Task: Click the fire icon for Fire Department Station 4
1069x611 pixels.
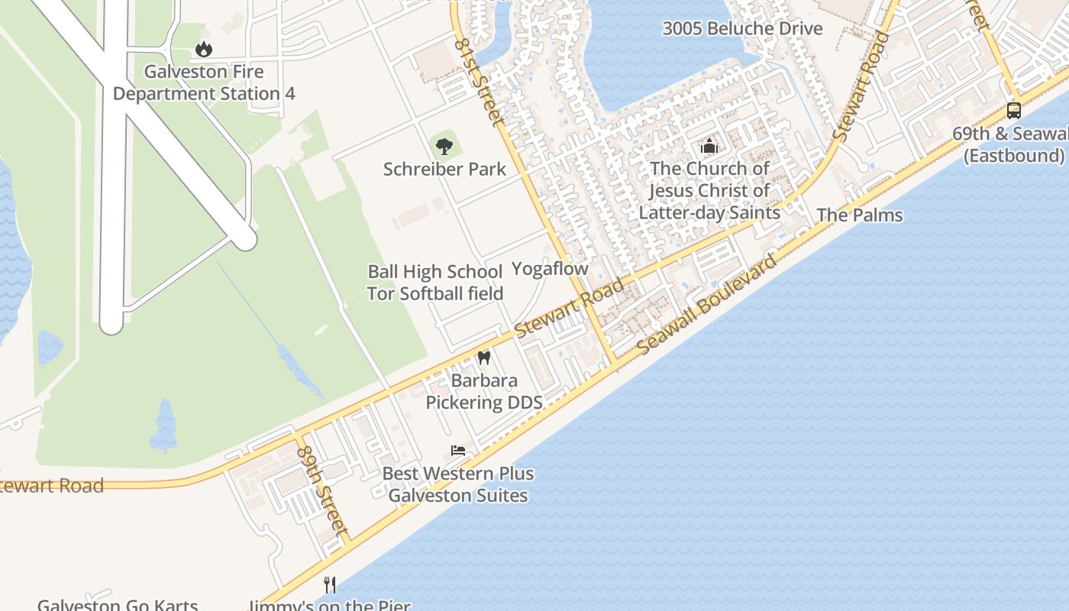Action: click(x=203, y=50)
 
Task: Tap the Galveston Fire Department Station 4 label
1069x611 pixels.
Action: click(x=204, y=83)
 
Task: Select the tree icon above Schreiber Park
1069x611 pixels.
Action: click(x=444, y=145)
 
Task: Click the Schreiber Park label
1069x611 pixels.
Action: click(x=444, y=169)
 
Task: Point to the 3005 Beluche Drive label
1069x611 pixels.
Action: click(x=742, y=29)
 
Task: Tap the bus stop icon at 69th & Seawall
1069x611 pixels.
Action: click(x=1013, y=110)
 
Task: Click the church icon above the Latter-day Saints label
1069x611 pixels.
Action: click(x=709, y=146)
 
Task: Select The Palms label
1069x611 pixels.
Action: click(x=859, y=215)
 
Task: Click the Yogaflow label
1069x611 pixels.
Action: click(x=550, y=269)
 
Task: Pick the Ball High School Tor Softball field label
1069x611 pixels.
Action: click(x=435, y=283)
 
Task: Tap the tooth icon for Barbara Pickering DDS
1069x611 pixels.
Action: click(x=483, y=357)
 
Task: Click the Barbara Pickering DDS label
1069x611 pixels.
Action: click(x=483, y=391)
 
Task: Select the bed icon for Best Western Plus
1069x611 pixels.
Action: click(x=458, y=450)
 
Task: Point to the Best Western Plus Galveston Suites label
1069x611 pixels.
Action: click(x=458, y=484)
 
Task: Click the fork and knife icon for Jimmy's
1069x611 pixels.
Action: click(x=330, y=585)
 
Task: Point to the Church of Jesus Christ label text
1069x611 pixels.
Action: click(x=709, y=191)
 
